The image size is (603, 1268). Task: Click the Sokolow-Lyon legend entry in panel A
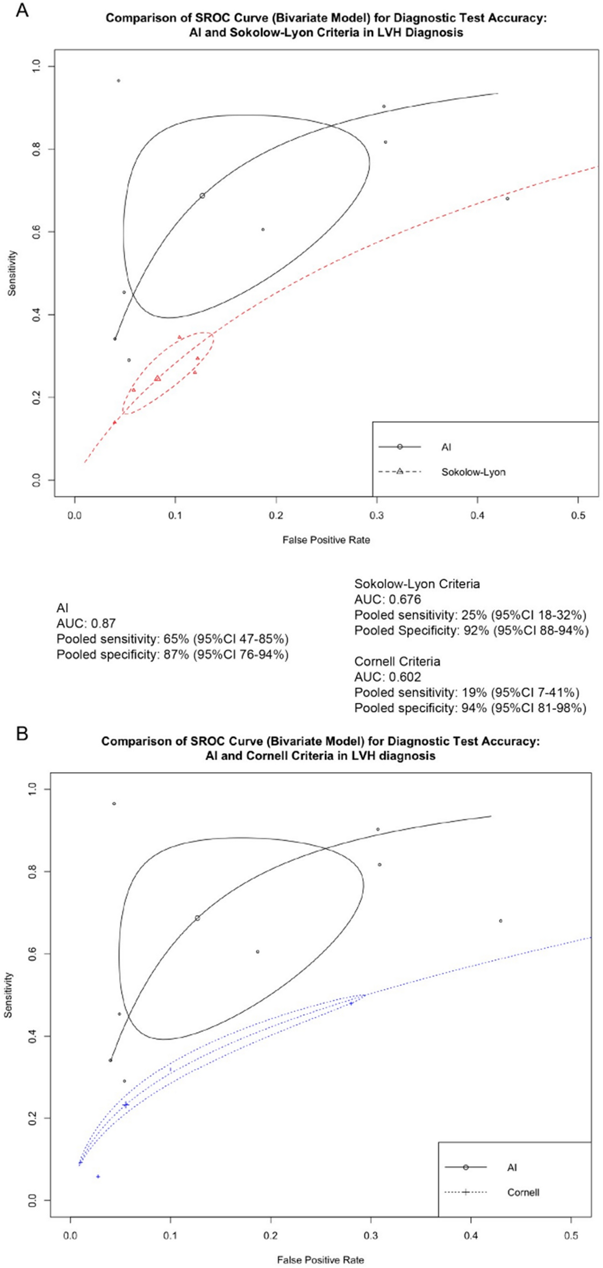(473, 472)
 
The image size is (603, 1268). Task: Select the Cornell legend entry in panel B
(523, 1192)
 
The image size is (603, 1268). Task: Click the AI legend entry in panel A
(446, 447)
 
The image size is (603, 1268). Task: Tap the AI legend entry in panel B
(512, 1167)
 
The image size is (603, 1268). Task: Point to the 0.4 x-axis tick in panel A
(477, 515)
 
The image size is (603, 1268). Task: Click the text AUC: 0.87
(86, 623)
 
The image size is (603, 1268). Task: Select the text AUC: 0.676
(387, 599)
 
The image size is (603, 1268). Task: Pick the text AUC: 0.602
(387, 677)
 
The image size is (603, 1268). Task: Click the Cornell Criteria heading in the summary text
(397, 661)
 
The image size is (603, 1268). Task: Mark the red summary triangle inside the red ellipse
(157, 379)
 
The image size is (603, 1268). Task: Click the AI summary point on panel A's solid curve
(202, 196)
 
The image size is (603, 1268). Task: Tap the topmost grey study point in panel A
(118, 81)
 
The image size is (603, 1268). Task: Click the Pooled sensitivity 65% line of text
(172, 639)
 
